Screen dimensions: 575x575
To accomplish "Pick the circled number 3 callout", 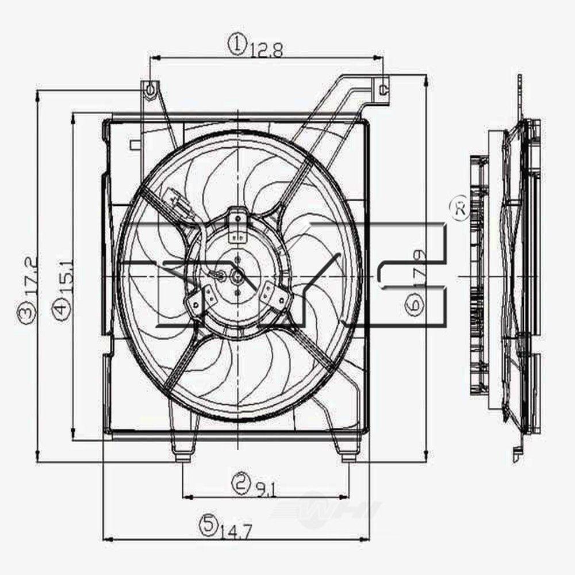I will (x=25, y=313).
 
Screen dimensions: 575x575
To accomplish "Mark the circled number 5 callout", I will (x=209, y=523).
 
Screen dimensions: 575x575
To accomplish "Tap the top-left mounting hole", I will (x=149, y=90).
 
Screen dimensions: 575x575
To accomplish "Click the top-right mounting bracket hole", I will (x=384, y=89).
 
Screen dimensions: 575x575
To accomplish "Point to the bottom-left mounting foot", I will (x=183, y=454).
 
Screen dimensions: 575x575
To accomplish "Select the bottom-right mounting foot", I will (x=348, y=454).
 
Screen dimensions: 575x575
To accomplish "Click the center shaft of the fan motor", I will (x=237, y=277).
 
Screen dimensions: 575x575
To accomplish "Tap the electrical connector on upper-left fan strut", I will (x=174, y=199).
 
